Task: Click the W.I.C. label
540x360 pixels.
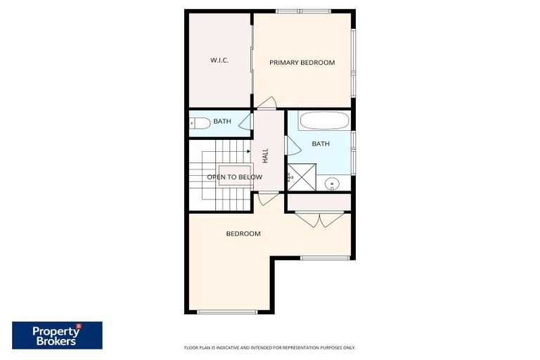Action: [x=219, y=60]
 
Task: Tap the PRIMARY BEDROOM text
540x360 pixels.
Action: [x=302, y=63]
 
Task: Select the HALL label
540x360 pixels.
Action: [x=265, y=155]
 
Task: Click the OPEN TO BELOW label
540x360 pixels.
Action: [x=234, y=177]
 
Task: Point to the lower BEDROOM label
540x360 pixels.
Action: [x=243, y=233]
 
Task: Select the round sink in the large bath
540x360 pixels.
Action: [x=333, y=184]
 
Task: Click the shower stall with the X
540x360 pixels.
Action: [x=302, y=176]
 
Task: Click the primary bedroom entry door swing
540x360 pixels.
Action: [x=266, y=104]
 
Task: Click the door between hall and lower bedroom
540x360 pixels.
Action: [x=268, y=198]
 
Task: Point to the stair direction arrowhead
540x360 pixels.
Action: [x=249, y=150]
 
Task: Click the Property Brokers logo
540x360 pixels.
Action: [x=57, y=335]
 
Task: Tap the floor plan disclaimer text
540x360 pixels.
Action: [x=269, y=347]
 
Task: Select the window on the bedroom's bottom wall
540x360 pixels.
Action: [x=226, y=311]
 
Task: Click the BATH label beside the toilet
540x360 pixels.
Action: [x=222, y=122]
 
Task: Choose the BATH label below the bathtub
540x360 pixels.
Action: [x=321, y=144]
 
